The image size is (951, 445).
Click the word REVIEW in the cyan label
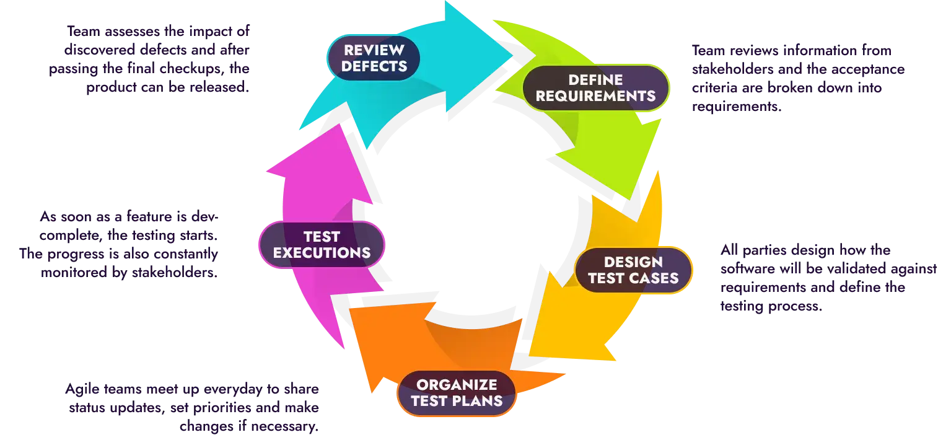(x=374, y=50)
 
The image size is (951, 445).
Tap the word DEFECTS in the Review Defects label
(x=374, y=66)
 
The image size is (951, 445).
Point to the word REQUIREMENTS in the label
(x=595, y=96)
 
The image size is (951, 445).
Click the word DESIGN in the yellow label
(x=633, y=262)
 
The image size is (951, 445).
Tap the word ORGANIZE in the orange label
(x=457, y=384)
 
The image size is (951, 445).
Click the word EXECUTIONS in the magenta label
(x=322, y=253)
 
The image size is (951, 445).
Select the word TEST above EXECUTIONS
(x=322, y=236)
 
